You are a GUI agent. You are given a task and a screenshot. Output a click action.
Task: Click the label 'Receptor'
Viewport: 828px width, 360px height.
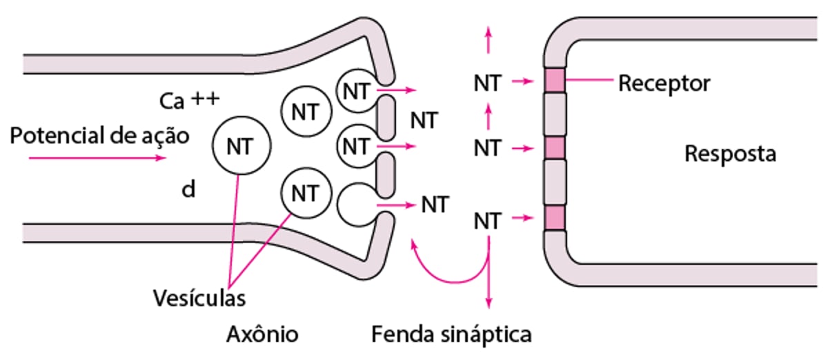pos(663,83)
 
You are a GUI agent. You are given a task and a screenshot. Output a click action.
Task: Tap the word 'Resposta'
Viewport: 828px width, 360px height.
pos(729,153)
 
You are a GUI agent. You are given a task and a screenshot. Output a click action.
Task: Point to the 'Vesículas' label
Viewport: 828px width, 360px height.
pos(199,299)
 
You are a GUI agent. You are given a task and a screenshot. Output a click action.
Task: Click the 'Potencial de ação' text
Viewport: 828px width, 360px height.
pos(99,135)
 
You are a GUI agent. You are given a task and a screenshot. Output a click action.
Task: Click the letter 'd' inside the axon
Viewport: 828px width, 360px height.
pos(188,190)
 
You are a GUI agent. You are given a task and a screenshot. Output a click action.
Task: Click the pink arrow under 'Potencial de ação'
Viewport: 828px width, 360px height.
pos(97,158)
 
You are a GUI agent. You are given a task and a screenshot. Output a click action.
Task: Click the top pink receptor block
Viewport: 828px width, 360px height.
pos(555,81)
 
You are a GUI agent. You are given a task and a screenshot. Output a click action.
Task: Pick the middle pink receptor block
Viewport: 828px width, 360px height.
pos(555,147)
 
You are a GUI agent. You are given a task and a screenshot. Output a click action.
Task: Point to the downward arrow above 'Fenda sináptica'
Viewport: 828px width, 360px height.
pos(489,283)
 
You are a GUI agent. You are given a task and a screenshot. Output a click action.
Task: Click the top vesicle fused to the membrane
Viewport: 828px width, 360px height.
pos(357,89)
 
